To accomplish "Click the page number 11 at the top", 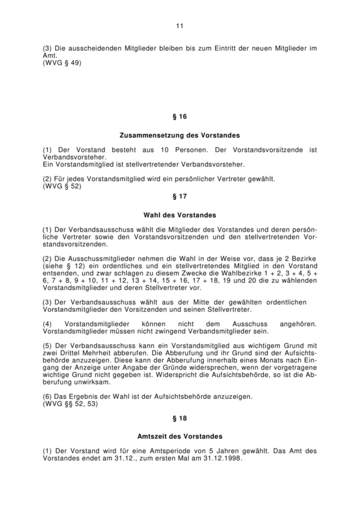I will click(x=180, y=26).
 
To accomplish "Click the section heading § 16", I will click(x=180, y=117).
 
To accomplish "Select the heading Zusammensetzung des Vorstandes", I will click(x=180, y=135).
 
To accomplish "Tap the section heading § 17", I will click(x=180, y=196).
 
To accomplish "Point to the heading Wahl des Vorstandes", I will click(x=180, y=215).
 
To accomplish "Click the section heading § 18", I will click(x=180, y=418).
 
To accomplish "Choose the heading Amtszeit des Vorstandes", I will click(x=180, y=437).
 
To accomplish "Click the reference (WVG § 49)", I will click(x=63, y=63).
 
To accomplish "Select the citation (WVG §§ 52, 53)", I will click(x=70, y=404).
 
